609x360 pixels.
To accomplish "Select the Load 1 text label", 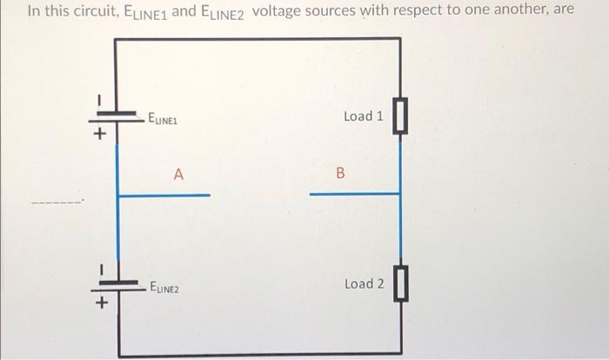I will (x=364, y=116).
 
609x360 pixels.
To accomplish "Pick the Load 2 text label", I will (x=364, y=284).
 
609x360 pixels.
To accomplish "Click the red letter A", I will (x=177, y=174).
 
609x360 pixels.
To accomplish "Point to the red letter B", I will (x=340, y=174).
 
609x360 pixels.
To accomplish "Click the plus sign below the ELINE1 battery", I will (x=100, y=135).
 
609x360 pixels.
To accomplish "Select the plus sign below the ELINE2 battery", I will (x=100, y=303).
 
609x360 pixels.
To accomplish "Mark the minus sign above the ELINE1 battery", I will (x=100, y=97).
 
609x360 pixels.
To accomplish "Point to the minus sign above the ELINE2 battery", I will (x=100, y=266).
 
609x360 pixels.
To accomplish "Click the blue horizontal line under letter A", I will (x=164, y=196).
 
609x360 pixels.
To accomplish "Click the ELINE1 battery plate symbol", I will (x=118, y=116).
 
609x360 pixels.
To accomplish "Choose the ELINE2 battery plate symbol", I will (x=118, y=284).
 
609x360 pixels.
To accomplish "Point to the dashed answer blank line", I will (x=57, y=203).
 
